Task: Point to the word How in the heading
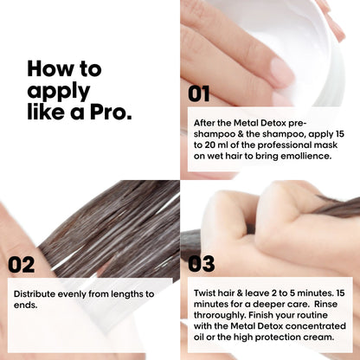(48, 68)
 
